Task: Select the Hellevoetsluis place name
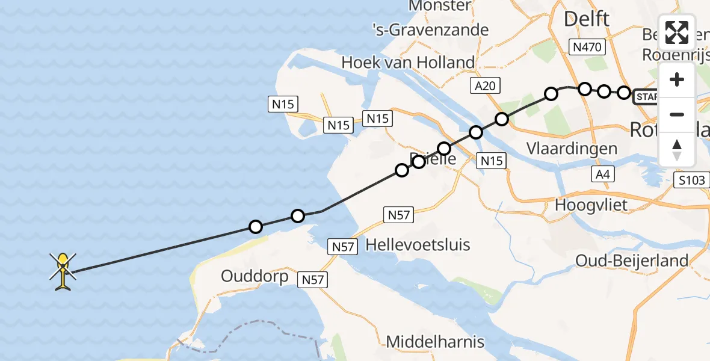pos(418,244)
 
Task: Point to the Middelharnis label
pos(435,342)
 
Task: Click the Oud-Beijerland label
pos(632,261)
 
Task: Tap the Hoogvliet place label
pos(591,205)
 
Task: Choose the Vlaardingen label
pos(572,149)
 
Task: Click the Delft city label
pos(586,19)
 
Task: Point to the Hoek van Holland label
pos(408,62)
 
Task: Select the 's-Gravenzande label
pos(430,30)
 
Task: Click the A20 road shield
pos(485,87)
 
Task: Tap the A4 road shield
pos(602,174)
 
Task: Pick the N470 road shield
pos(588,47)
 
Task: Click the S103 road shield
pos(692,180)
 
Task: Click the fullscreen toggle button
pos(677,32)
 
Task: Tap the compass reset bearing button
pos(677,149)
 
